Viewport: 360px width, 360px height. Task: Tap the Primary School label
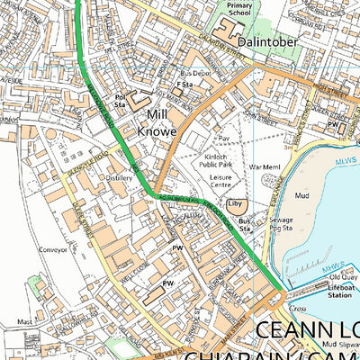point(239,9)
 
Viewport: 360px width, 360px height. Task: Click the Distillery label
point(120,178)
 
